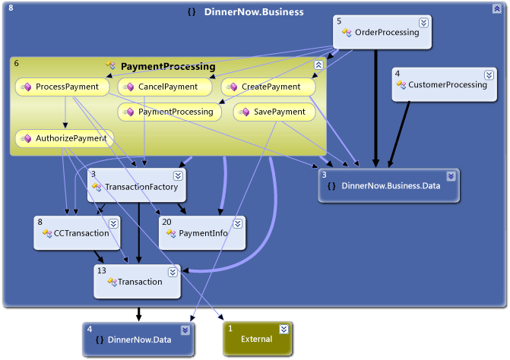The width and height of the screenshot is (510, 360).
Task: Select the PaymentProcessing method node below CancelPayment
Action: [x=169, y=112]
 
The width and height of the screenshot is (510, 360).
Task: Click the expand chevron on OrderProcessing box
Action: [x=423, y=22]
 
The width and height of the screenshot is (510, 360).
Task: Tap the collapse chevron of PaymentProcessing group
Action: [x=318, y=65]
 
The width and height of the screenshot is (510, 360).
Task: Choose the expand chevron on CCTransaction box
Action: [x=113, y=223]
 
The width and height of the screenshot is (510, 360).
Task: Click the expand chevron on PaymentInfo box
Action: [x=238, y=223]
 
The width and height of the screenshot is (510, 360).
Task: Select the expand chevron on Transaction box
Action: [x=173, y=270]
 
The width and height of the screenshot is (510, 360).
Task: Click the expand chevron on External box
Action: [x=284, y=329]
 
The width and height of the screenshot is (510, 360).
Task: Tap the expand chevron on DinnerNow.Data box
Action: [x=185, y=330]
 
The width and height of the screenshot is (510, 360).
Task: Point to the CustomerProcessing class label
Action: [x=447, y=84]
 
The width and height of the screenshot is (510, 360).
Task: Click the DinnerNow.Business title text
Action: [x=253, y=12]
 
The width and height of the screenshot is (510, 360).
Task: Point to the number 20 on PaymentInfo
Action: [x=167, y=221]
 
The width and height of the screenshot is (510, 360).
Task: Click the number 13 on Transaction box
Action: [x=102, y=270]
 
